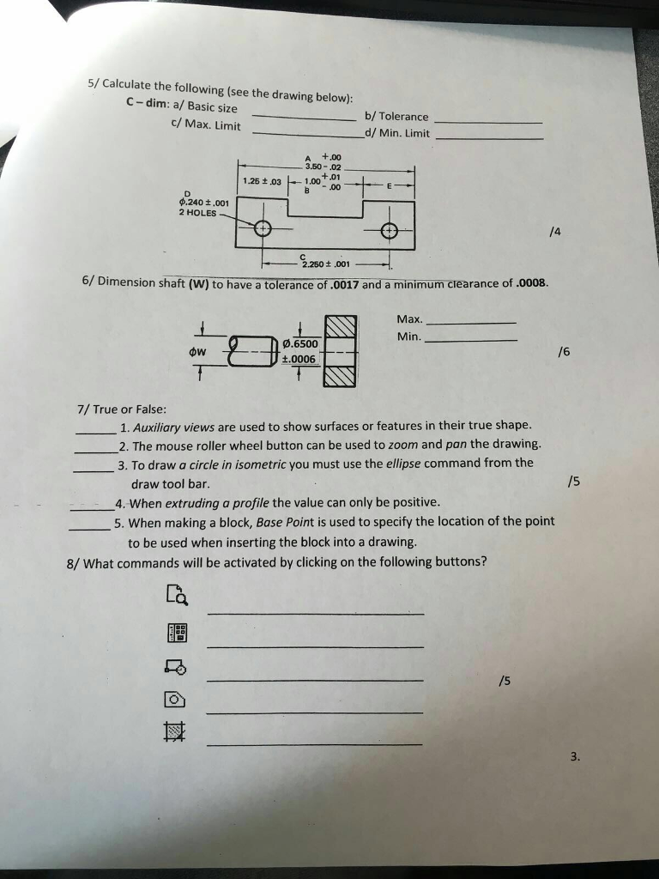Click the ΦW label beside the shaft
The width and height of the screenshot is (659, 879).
(x=198, y=350)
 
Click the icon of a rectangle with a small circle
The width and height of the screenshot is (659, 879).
(x=174, y=665)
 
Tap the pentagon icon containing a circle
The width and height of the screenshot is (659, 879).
(x=174, y=699)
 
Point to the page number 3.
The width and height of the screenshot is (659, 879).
(x=574, y=756)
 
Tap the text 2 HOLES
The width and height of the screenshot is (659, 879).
(x=197, y=212)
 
